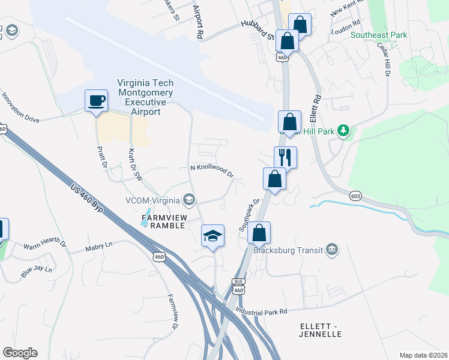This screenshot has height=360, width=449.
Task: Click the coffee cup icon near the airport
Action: (x=96, y=100)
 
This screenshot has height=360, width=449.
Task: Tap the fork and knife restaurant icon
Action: (x=285, y=157)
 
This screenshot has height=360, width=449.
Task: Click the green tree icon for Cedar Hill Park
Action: (x=343, y=130)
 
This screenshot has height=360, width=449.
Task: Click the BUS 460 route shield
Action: (x=238, y=286)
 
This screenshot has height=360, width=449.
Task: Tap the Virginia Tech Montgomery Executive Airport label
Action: (x=145, y=97)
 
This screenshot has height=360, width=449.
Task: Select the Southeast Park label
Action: (x=379, y=35)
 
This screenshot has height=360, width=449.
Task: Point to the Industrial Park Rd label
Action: (x=262, y=311)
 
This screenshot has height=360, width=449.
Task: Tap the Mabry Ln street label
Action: (x=99, y=245)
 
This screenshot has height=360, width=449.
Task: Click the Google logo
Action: (x=20, y=353)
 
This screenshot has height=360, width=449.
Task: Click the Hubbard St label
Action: (x=258, y=31)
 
